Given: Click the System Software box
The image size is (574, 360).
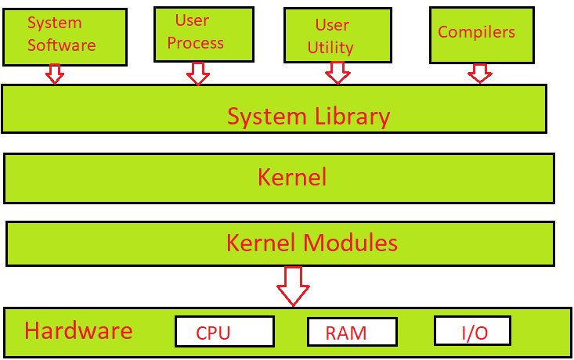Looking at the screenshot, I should (x=64, y=36).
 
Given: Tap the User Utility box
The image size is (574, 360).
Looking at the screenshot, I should (x=337, y=36).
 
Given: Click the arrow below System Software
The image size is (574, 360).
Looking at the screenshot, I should (x=54, y=74).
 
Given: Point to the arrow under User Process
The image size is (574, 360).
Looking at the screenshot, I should (x=198, y=74).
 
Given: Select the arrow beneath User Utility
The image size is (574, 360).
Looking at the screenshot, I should (x=338, y=73).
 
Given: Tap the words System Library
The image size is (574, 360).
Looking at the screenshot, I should (x=309, y=117).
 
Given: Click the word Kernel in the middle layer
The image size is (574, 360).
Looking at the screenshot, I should (x=291, y=178).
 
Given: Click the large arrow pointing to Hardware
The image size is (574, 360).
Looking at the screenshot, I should (x=294, y=286).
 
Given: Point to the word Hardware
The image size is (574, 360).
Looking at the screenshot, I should (x=78, y=330).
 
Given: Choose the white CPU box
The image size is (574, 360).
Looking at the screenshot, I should (x=224, y=332).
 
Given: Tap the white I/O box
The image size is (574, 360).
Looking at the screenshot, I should (x=472, y=331).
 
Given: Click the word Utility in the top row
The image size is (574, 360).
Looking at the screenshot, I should (x=330, y=48).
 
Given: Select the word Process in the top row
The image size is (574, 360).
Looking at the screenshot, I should (x=195, y=43).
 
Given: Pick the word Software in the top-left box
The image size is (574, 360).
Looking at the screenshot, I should (x=61, y=45).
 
